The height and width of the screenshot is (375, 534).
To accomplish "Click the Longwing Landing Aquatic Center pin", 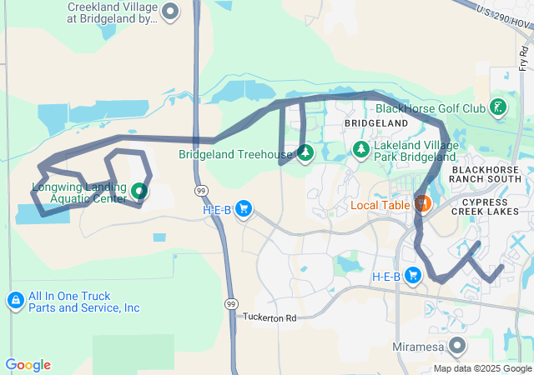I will pos(139,191).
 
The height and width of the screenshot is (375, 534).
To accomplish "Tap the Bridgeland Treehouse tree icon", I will pos(305,153).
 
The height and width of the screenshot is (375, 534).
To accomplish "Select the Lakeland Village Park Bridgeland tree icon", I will pos(361,150).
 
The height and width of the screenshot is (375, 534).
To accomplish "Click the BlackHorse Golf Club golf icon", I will pos(497,107).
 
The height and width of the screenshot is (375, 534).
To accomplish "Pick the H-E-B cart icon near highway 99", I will pos(244,208).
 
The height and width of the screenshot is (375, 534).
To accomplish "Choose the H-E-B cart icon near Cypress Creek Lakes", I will pos(412,276).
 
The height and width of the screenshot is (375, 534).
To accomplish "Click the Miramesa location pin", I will pos(457,344).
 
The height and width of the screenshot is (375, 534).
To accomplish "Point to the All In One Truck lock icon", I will pos(15,300).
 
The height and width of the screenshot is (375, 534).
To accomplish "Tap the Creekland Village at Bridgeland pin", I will pos(170,12).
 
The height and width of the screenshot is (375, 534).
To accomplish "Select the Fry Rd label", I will pos(523,57).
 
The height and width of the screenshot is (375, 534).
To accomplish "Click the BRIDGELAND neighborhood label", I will pos(376,122).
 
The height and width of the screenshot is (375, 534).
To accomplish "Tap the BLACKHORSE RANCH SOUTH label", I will pos(486,174).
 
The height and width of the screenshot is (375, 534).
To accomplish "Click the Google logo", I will pos(28,365).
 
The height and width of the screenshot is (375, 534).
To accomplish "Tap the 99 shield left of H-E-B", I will pos(201,191).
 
